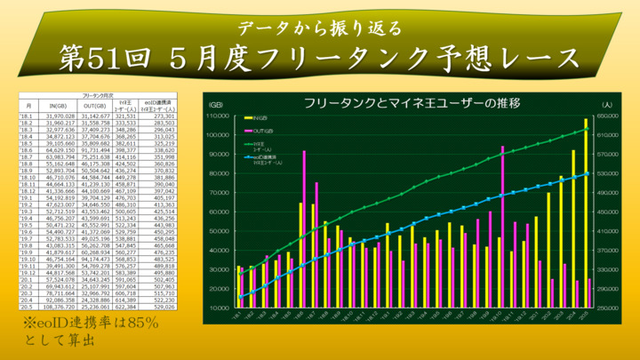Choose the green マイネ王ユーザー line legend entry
click(259, 144)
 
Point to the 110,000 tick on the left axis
click(218, 116)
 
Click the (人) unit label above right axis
click(607, 104)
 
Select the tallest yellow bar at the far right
click(585, 213)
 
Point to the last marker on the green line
click(587, 130)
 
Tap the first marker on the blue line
click(239, 298)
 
